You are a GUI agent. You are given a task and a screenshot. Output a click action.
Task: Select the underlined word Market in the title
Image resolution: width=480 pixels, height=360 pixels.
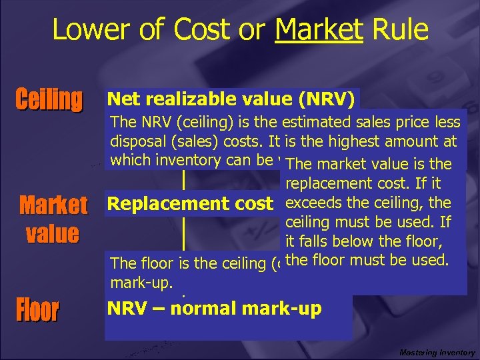[x=319, y=31]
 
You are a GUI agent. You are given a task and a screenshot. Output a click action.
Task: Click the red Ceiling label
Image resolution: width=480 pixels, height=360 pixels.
[x=49, y=100]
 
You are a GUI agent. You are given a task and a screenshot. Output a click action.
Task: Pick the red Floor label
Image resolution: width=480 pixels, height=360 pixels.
[x=37, y=310]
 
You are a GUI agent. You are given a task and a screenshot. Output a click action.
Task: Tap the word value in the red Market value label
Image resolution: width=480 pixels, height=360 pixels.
[x=52, y=233]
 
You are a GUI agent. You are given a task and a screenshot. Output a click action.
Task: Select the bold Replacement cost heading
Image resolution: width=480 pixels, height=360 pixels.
[x=190, y=204]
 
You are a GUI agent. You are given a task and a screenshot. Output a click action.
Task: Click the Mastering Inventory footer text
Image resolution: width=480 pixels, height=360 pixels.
[x=437, y=352]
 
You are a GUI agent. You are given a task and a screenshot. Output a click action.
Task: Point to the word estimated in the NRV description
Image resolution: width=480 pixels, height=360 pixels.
[x=317, y=122]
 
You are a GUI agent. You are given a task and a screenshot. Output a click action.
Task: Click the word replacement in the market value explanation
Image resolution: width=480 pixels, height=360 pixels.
[x=323, y=183]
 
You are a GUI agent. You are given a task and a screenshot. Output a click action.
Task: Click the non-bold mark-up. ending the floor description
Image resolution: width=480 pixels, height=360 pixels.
[x=136, y=281]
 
